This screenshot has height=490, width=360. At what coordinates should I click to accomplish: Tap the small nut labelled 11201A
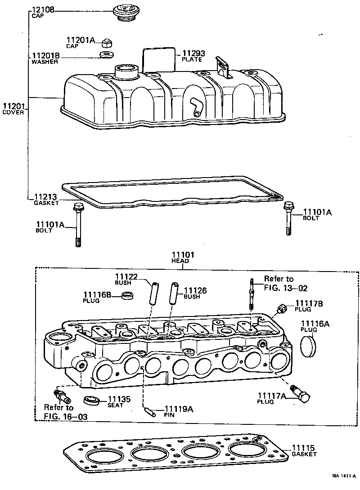[107, 43]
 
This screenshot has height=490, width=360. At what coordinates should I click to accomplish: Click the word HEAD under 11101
[182, 261]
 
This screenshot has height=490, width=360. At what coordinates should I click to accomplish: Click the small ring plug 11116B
[129, 296]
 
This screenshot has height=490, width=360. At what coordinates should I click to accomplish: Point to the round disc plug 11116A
[308, 345]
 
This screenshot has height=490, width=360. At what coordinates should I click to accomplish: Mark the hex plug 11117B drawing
[282, 308]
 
